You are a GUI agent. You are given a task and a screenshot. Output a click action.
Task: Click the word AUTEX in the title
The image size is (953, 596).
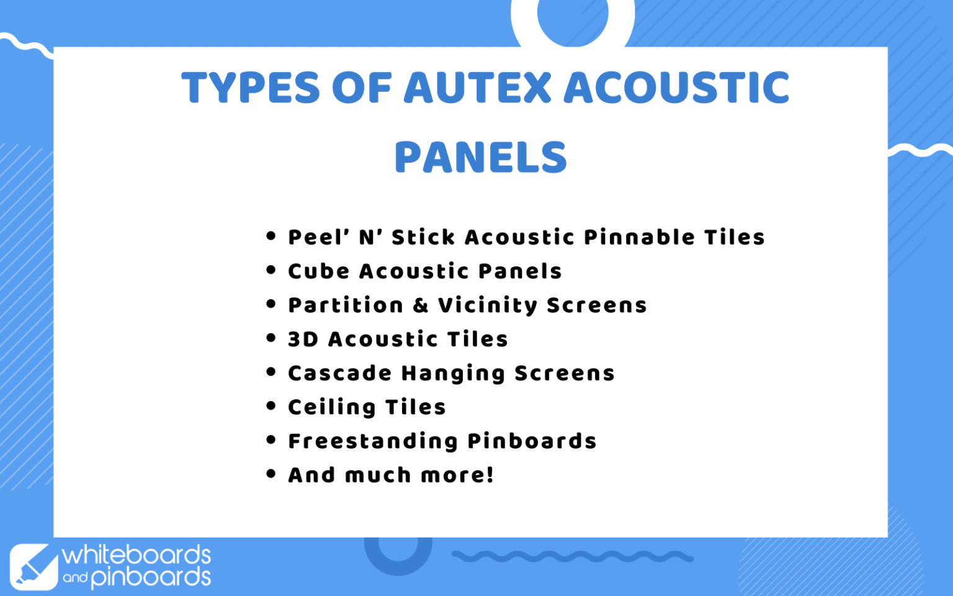(477, 88)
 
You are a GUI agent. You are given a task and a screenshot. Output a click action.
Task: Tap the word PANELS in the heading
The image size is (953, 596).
(481, 158)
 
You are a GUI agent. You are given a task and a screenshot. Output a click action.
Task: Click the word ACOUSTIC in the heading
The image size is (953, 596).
(676, 88)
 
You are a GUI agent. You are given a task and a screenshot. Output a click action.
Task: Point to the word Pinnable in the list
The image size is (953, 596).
(639, 237)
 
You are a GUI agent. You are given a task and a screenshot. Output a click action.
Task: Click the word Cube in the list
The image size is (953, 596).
(318, 271)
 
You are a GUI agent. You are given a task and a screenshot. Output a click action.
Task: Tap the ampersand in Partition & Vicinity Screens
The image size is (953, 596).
(421, 305)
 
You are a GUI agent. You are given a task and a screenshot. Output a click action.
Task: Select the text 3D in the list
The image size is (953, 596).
(303, 340)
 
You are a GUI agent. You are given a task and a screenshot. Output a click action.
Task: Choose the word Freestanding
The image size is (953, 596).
(373, 441)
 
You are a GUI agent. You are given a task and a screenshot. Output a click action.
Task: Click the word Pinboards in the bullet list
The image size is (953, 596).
(532, 441)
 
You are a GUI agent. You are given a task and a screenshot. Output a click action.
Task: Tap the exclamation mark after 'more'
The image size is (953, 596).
(490, 475)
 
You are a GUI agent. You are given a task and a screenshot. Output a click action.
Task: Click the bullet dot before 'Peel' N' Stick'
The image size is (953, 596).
(271, 236)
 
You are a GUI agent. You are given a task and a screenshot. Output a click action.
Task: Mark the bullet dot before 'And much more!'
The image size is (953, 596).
(271, 474)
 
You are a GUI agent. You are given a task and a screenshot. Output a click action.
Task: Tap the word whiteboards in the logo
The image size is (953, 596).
(136, 554)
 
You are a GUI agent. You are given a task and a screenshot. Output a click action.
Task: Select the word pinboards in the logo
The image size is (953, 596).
(151, 577)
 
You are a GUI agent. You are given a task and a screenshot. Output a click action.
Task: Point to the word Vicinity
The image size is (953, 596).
(488, 305)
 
